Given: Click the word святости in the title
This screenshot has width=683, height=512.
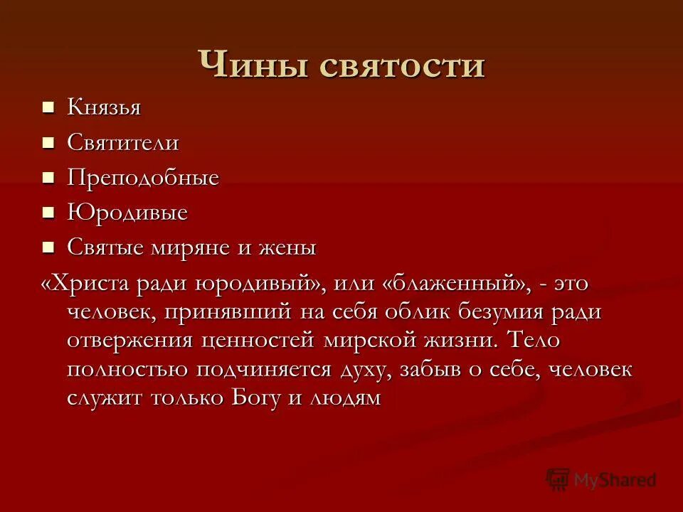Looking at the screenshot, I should tap(402, 65).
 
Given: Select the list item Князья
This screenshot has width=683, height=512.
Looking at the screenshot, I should tap(104, 108).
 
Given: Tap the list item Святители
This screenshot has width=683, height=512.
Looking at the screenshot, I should tap(123, 143).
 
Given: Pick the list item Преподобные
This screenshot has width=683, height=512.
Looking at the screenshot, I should tap(143, 178).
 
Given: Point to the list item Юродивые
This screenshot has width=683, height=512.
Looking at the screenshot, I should tap(127, 213).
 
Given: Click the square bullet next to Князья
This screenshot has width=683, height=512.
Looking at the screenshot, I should tap(48, 108).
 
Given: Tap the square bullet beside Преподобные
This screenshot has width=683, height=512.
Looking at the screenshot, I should tap(48, 178).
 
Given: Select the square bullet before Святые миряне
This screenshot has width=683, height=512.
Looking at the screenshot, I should tap(48, 247).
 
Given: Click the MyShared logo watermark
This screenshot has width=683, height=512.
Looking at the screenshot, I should tap(601, 480).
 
